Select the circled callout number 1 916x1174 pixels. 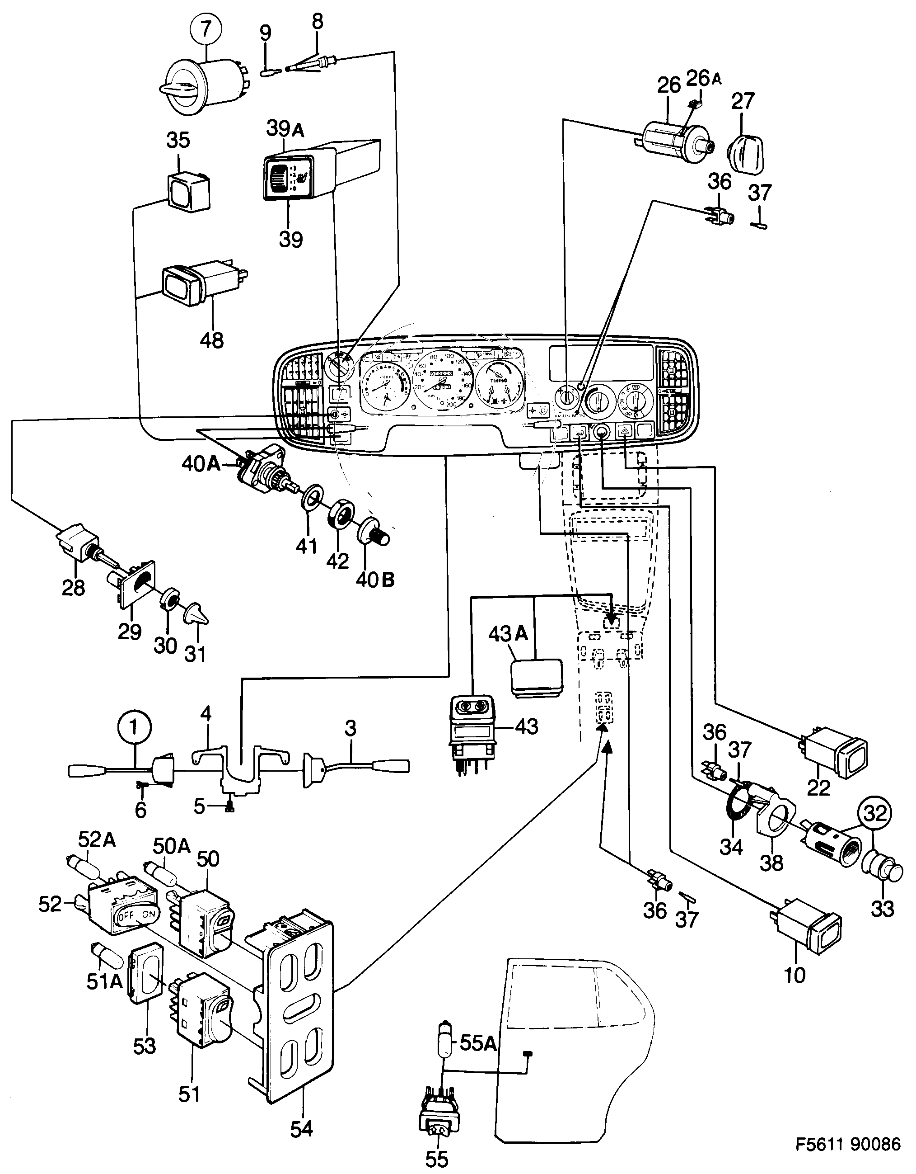(134, 728)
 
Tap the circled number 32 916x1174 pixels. (874, 813)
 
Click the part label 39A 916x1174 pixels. (285, 129)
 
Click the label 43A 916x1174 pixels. (508, 634)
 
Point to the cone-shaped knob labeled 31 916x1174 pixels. (196, 614)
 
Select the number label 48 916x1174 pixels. (211, 340)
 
